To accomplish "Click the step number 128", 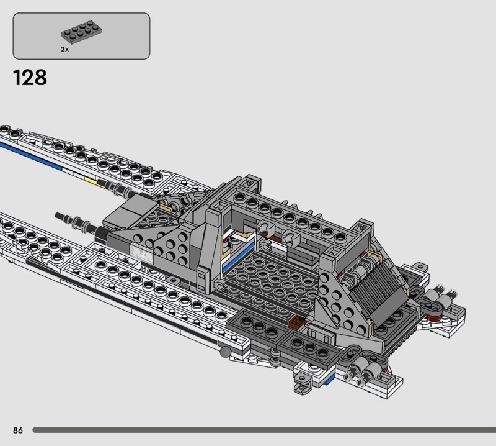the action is click(30, 78).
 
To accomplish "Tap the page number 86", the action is click(18, 430).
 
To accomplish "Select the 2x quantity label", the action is click(65, 49).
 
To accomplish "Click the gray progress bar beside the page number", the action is click(264, 430).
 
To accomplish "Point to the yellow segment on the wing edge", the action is click(90, 181).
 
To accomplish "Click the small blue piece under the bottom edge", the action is click(330, 379).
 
